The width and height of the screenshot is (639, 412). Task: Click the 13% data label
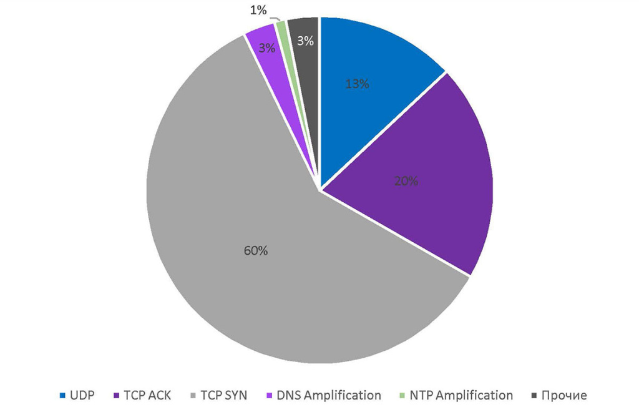tap(357, 84)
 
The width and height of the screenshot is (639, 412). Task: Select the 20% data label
tap(406, 182)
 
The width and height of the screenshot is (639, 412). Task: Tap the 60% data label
tap(255, 251)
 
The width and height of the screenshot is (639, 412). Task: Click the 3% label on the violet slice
tap(266, 47)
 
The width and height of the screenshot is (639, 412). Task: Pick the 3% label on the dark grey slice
tap(305, 41)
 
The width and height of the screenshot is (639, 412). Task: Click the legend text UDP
tap(82, 395)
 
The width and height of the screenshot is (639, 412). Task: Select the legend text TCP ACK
tap(147, 395)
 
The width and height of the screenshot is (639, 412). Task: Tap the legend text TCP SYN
tap(224, 395)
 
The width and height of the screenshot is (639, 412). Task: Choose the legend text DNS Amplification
tap(328, 395)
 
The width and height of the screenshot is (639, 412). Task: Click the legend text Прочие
tap(564, 395)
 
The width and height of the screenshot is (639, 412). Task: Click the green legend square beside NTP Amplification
tap(402, 396)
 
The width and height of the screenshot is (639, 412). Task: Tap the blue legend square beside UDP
tap(63, 396)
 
